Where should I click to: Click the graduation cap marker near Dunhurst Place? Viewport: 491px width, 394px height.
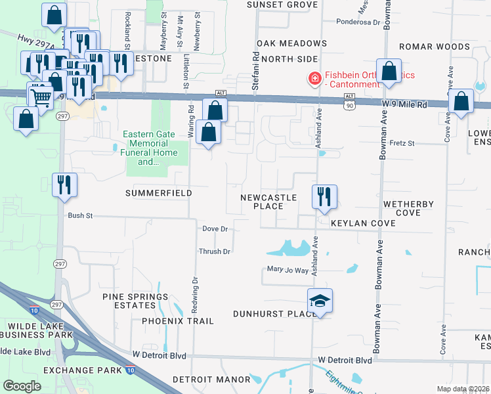pos(320,301)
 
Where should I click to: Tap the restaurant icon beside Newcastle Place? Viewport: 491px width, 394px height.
pos(324,196)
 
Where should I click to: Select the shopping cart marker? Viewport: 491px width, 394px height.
pos(41,97)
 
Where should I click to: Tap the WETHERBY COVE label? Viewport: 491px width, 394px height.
pos(408,208)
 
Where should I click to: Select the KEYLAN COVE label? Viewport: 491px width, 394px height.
pos(363,223)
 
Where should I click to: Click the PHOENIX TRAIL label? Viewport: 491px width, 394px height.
pos(178,321)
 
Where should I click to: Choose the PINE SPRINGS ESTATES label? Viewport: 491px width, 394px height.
pos(136,301)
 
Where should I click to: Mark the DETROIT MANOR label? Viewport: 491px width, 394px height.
pos(211,380)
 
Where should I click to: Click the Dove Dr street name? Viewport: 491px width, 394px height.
pos(215,229)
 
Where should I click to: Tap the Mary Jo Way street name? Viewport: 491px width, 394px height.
pos(288,269)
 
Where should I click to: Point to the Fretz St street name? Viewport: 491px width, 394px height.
pos(402,142)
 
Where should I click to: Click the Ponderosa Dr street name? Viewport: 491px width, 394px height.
pos(358,22)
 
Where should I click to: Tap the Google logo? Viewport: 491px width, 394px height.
pos(22,385)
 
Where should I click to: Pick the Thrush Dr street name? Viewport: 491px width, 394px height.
pos(215,252)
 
